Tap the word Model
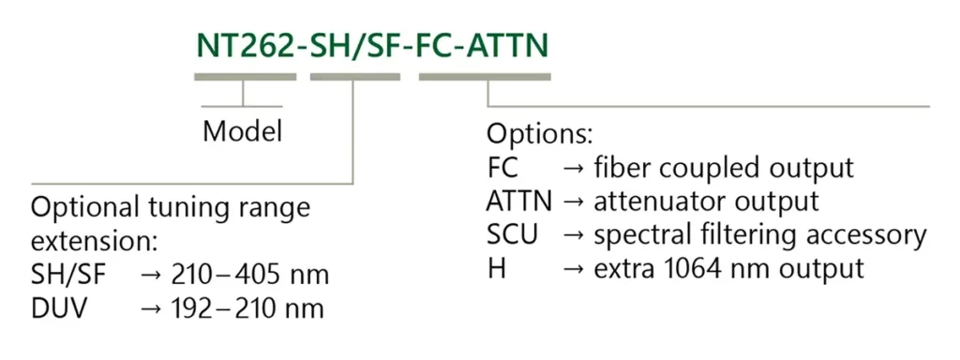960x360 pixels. click(242, 130)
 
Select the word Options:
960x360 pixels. click(539, 133)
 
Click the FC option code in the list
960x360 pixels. click(503, 168)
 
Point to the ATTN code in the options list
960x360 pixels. click(520, 200)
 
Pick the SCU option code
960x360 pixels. click(513, 233)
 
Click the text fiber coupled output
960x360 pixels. click(724, 168)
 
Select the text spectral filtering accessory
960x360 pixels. click(759, 233)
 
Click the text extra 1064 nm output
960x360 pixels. click(727, 267)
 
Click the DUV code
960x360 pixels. click(60, 307)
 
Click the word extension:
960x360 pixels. click(94, 241)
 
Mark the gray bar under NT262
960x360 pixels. click(245, 77)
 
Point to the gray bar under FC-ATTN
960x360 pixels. click(485, 77)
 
